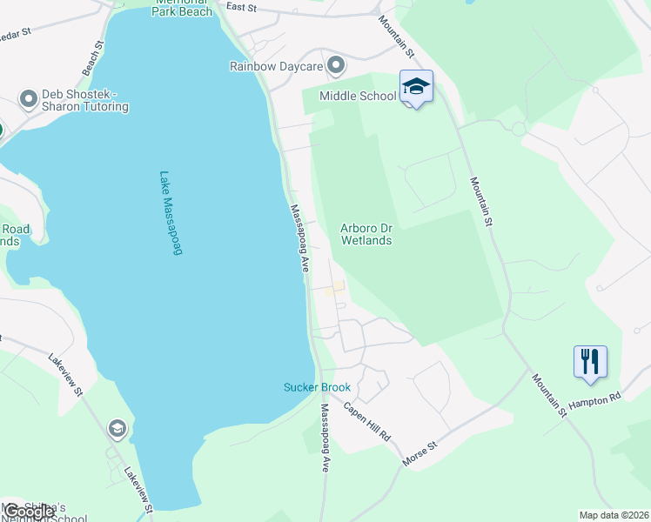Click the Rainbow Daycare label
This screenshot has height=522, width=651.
[276, 66]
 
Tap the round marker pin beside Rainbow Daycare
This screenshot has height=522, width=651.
[337, 65]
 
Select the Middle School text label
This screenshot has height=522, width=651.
[358, 96]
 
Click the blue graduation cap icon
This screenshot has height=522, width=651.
[417, 86]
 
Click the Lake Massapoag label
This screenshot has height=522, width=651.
[170, 213]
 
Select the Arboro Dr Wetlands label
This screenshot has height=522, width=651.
[366, 234]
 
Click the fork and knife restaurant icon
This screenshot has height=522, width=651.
[590, 360]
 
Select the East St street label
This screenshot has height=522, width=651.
[241, 7]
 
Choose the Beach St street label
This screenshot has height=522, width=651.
[92, 57]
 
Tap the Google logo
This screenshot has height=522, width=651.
[28, 512]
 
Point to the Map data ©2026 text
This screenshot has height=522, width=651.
[614, 515]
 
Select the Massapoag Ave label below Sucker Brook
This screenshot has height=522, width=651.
[324, 438]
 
